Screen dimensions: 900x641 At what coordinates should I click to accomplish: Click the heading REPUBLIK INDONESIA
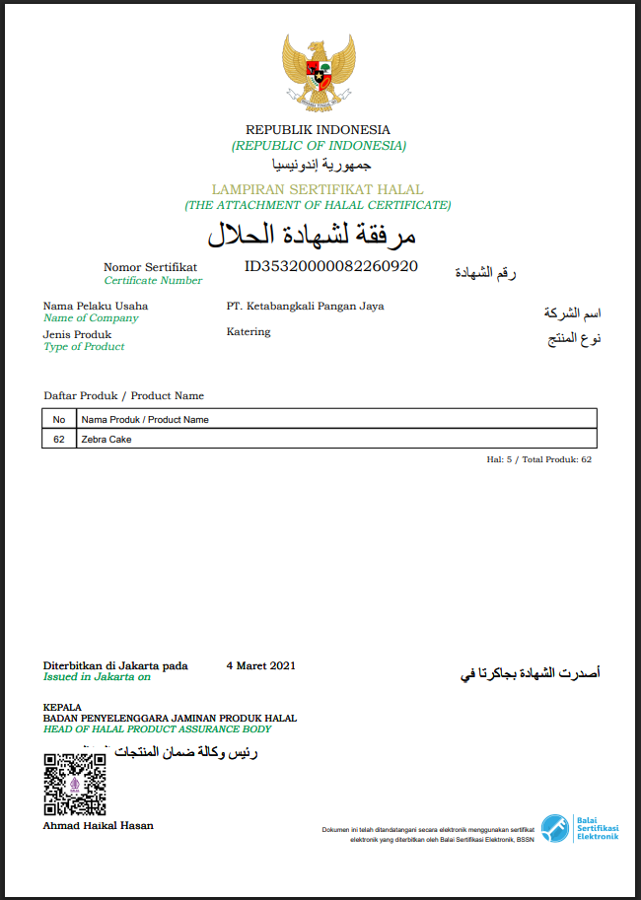[318, 129]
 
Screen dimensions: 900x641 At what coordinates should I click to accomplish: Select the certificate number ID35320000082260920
[331, 266]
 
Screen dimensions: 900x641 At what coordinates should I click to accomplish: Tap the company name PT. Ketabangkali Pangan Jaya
[305, 306]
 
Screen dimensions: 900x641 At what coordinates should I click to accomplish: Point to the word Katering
[248, 331]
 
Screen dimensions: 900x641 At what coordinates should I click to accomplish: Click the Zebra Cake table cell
[107, 439]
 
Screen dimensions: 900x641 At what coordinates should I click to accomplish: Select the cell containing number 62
[59, 439]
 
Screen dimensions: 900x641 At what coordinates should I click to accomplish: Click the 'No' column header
[59, 419]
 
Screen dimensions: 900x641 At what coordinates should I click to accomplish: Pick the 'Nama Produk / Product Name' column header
[145, 419]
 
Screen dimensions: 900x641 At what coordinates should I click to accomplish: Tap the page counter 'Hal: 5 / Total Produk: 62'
[539, 459]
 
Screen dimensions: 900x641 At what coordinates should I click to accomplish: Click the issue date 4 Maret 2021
[260, 665]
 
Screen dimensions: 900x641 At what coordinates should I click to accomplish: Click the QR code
[75, 785]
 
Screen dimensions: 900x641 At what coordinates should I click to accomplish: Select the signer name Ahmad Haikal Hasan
[99, 825]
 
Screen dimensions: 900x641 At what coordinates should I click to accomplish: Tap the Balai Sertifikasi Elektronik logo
[580, 827]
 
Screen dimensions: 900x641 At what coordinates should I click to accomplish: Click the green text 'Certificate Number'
[153, 280]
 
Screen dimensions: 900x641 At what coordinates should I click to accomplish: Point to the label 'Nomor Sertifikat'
[150, 267]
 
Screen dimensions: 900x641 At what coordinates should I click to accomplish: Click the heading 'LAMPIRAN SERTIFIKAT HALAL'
[318, 189]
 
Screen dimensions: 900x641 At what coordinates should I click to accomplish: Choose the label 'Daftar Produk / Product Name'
[124, 395]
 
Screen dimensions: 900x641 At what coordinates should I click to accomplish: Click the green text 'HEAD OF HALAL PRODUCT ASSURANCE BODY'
[157, 728]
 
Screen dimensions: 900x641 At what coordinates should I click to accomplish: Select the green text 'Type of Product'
[84, 346]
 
